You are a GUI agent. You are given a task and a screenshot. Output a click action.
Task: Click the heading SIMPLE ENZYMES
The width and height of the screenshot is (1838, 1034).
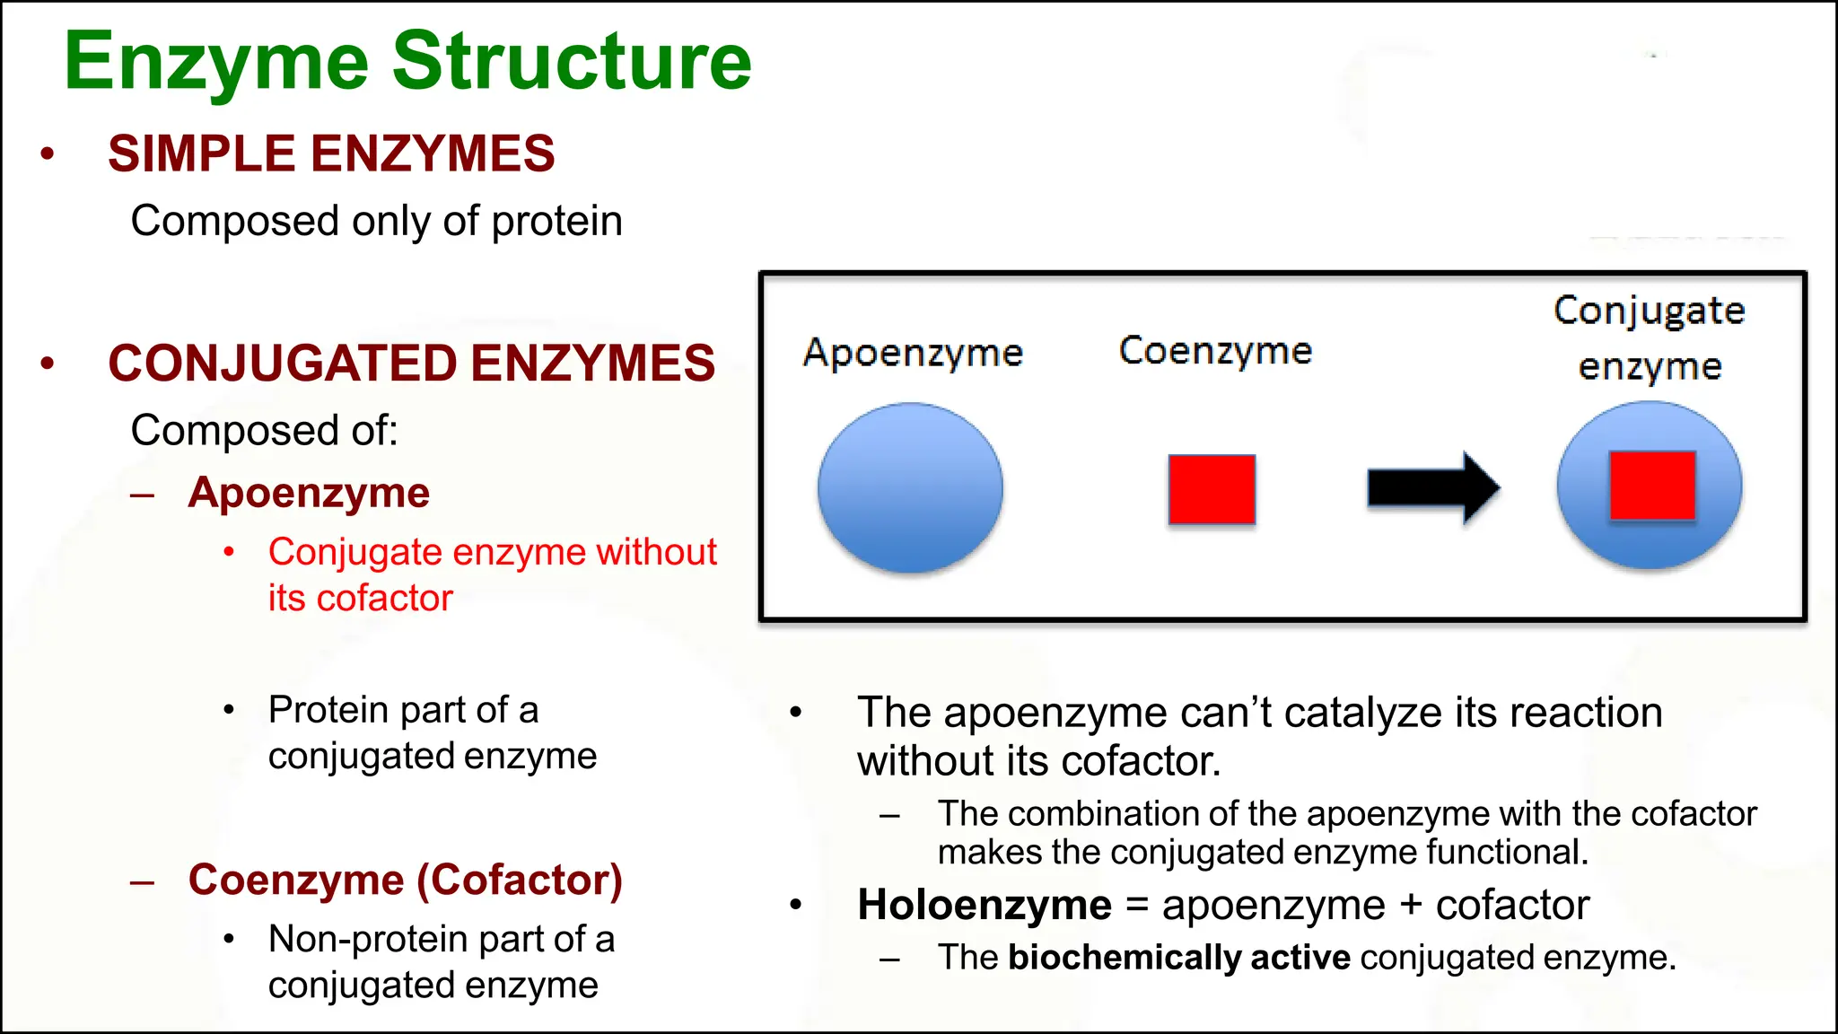pyautogui.click(x=331, y=153)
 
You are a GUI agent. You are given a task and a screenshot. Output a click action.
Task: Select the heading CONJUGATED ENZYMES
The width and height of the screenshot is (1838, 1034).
pyautogui.click(x=411, y=364)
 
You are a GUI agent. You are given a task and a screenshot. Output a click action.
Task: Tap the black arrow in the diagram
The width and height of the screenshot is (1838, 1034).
pyautogui.click(x=1432, y=488)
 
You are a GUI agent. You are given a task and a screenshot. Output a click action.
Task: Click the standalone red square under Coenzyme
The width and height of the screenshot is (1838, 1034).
pyautogui.click(x=1212, y=489)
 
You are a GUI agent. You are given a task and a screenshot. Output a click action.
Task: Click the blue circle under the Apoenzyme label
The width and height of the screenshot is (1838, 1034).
pyautogui.click(x=910, y=487)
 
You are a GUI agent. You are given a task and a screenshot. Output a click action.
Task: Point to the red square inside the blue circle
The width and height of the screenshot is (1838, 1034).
pyautogui.click(x=1652, y=486)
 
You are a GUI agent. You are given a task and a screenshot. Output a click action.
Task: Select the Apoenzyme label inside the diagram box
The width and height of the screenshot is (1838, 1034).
pyautogui.click(x=913, y=353)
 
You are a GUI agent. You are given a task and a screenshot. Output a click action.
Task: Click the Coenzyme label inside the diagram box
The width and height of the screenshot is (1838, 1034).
pyautogui.click(x=1215, y=351)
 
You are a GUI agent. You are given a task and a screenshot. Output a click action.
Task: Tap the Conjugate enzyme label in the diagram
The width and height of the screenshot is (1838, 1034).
pyautogui.click(x=1650, y=337)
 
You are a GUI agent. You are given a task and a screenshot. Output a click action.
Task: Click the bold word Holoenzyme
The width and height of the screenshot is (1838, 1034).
pyautogui.click(x=985, y=905)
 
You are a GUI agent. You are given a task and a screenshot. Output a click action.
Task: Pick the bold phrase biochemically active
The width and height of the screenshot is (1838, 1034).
pyautogui.click(x=1178, y=958)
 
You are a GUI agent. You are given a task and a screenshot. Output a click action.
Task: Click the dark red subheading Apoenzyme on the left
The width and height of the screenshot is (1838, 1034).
pyautogui.click(x=309, y=493)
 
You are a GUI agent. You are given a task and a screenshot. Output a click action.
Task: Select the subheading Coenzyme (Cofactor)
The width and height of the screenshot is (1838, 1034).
pyautogui.click(x=405, y=880)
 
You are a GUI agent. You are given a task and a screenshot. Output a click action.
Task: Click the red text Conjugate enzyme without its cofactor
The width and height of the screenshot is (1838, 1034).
pyautogui.click(x=492, y=574)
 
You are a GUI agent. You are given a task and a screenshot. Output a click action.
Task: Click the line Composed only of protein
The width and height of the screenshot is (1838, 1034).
pyautogui.click(x=376, y=221)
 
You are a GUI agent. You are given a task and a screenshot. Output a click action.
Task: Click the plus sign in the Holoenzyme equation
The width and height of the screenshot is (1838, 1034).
pyautogui.click(x=1410, y=905)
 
